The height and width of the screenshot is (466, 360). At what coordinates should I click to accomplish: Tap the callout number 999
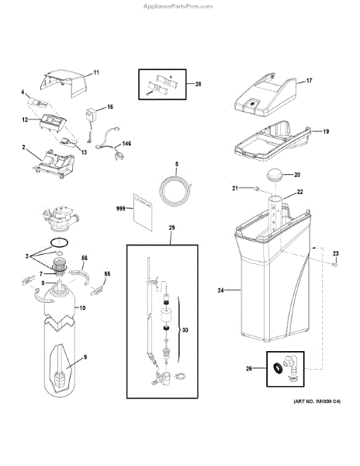tap(119, 209)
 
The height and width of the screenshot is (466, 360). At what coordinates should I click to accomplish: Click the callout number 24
tap(220, 290)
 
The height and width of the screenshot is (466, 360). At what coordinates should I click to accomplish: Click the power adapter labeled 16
tap(92, 115)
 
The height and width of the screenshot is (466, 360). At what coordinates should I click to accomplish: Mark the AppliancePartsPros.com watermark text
tap(179, 5)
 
